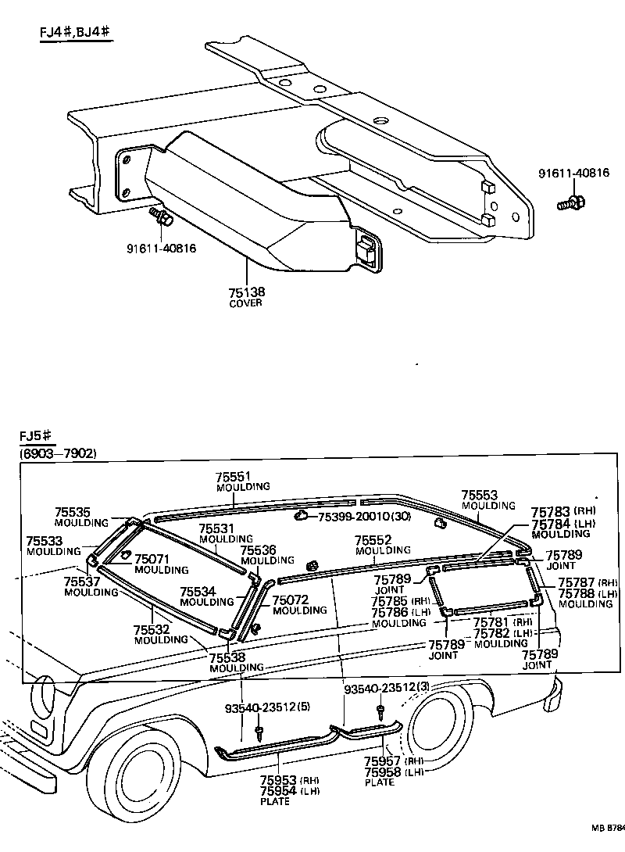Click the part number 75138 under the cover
point(247,292)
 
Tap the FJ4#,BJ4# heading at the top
point(75,33)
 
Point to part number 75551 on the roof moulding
point(234,476)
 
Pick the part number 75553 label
point(479,496)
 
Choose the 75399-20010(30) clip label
point(356,517)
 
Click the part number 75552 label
point(372,540)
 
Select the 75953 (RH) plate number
point(278,779)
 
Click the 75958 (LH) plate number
point(383,771)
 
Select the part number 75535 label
point(72,512)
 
